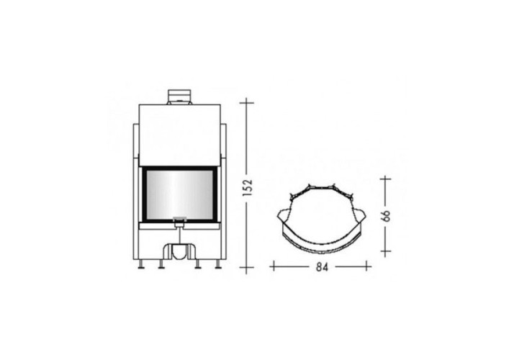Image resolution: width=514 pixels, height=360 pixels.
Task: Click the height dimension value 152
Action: [x=248, y=188]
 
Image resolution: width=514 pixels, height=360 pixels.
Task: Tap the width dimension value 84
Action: [x=322, y=267]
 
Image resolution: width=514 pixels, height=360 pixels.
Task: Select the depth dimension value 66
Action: [x=387, y=215]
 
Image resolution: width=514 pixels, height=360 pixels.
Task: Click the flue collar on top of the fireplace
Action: [x=179, y=97]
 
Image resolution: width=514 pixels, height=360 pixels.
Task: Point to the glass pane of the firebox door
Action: [x=179, y=194]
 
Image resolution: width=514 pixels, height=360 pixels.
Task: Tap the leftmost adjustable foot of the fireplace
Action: [x=142, y=264]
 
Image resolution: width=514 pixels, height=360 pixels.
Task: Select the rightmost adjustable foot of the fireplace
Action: [x=218, y=264]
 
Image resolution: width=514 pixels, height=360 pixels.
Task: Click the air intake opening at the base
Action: [x=179, y=252]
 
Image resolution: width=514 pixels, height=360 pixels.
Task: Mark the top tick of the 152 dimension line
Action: [x=247, y=103]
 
